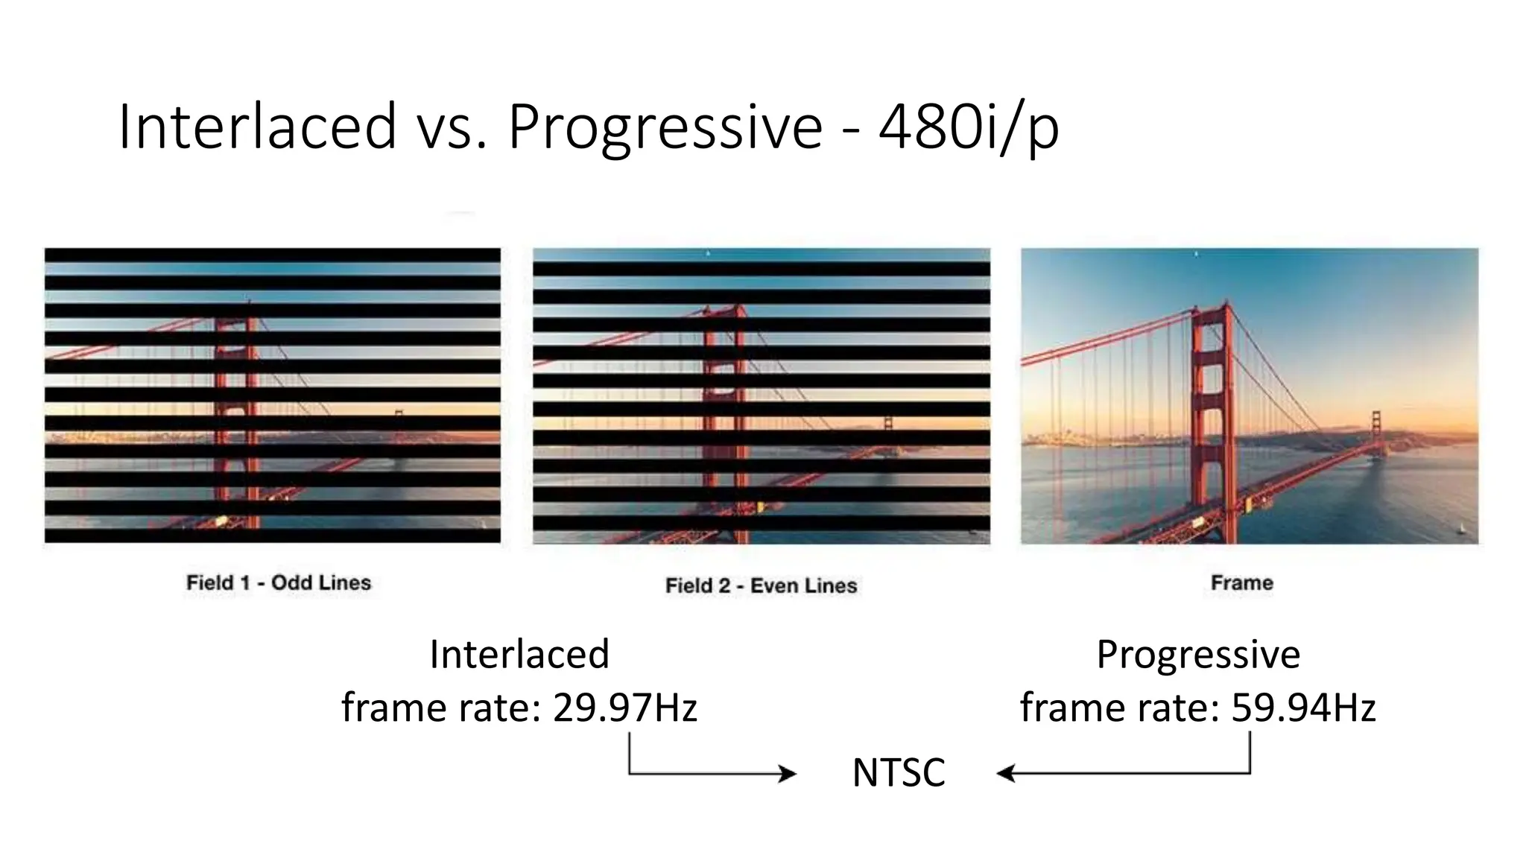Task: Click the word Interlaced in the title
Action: pos(258,127)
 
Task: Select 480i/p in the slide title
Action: pos(969,129)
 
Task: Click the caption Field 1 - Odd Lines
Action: pos(279,582)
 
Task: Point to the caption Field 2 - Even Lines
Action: pos(762,585)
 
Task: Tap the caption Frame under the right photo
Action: pos(1242,582)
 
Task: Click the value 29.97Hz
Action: pos(625,707)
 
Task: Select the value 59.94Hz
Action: pos(1303,707)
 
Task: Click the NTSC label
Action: pos(899,772)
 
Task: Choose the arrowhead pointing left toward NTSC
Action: pos(1006,774)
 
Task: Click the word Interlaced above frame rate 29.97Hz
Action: pos(519,654)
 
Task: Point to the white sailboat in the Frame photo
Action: pos(1461,529)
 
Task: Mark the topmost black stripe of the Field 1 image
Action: pos(273,255)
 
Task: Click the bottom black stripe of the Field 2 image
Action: pos(762,523)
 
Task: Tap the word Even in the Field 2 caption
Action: pos(774,585)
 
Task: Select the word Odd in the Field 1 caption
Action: pos(291,582)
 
